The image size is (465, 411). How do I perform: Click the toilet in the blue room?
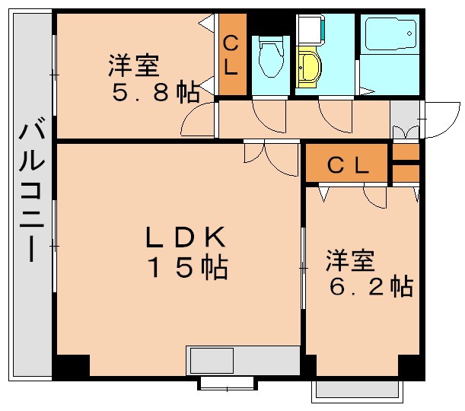coord(269,58)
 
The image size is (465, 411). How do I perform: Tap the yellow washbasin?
coord(310,68)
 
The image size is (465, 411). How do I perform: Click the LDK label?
coord(186,238)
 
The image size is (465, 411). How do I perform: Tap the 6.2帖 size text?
coord(371,286)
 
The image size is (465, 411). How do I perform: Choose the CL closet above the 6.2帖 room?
coord(348,165)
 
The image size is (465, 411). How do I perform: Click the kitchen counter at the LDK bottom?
coord(243,360)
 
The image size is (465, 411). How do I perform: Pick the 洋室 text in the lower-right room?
coord(350,261)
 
